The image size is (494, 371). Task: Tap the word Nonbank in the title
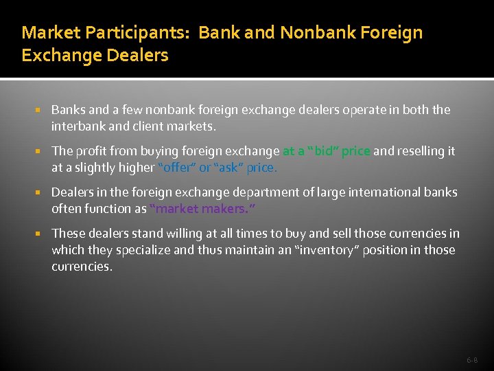(x=318, y=32)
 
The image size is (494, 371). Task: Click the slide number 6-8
(x=472, y=359)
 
